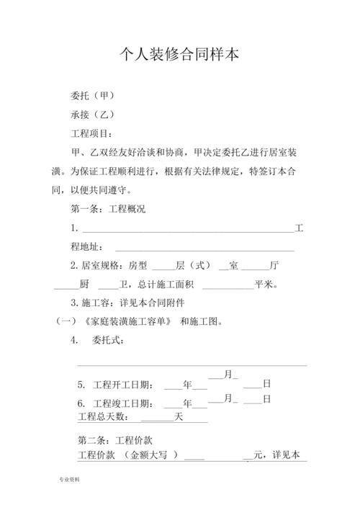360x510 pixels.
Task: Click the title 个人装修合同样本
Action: [x=179, y=55]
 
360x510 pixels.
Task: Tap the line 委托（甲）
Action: [x=93, y=95]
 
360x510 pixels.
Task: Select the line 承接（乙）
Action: [x=93, y=115]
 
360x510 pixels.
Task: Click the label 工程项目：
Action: [x=91, y=134]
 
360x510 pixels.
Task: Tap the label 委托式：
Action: [x=114, y=341]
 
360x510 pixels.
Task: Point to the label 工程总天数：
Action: [x=104, y=417]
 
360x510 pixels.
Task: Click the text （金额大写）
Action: [x=150, y=455]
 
